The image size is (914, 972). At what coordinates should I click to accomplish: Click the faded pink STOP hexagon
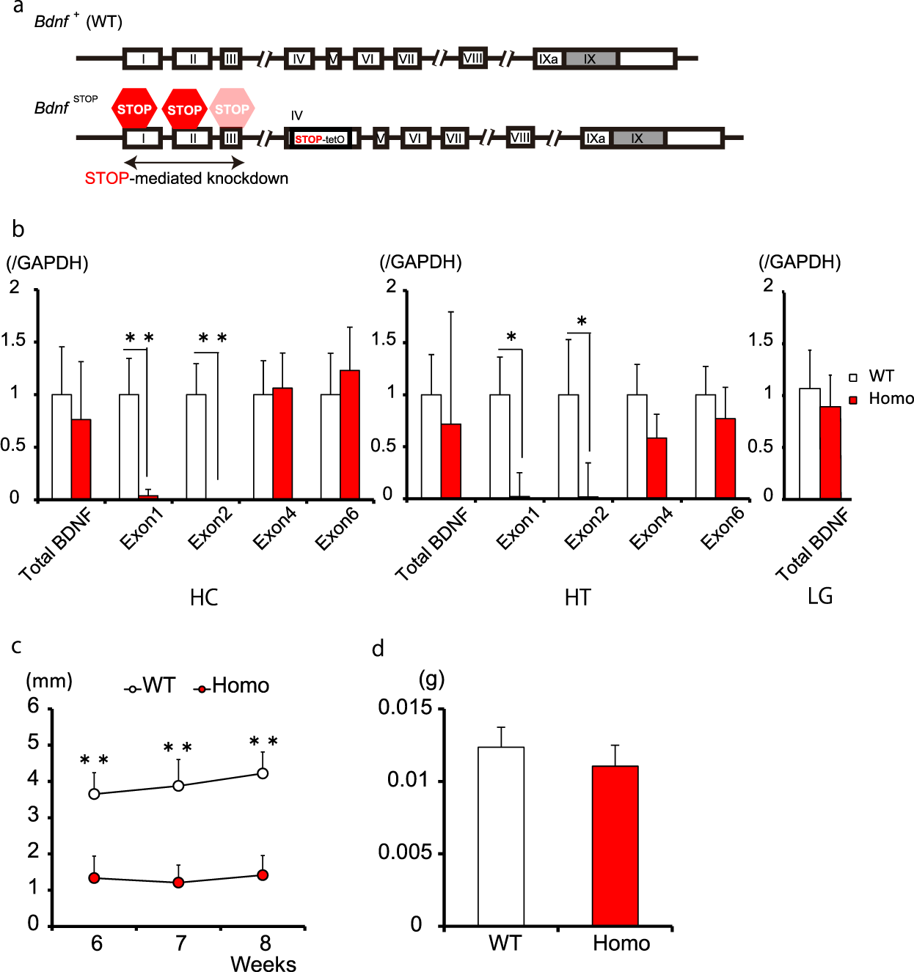(x=232, y=109)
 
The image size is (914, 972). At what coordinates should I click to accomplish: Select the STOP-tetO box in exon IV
(x=320, y=139)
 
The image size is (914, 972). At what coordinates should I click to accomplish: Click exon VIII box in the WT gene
(x=473, y=58)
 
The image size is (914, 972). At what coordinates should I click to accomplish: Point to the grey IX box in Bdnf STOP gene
(x=637, y=138)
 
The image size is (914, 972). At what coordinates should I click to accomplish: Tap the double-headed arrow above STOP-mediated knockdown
(x=184, y=163)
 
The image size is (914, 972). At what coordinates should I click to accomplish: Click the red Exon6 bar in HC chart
(x=350, y=434)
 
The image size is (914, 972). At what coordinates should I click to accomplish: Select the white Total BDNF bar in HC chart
(x=62, y=446)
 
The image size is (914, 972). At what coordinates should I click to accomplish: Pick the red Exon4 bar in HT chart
(x=657, y=468)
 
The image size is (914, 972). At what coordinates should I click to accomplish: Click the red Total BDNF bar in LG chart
(x=830, y=452)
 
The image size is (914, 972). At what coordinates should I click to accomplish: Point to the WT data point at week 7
(x=178, y=785)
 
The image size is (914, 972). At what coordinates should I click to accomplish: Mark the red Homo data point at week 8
(x=263, y=875)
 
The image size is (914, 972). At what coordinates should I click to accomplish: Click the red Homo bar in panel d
(x=615, y=845)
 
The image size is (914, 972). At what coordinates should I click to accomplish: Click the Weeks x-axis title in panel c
(x=263, y=963)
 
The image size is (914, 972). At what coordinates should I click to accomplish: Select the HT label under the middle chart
(x=577, y=597)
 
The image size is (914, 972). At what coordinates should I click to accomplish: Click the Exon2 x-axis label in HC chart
(x=211, y=529)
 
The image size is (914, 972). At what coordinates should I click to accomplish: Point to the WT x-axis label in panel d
(x=505, y=943)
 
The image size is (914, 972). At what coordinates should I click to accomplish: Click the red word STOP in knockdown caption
(x=106, y=178)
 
